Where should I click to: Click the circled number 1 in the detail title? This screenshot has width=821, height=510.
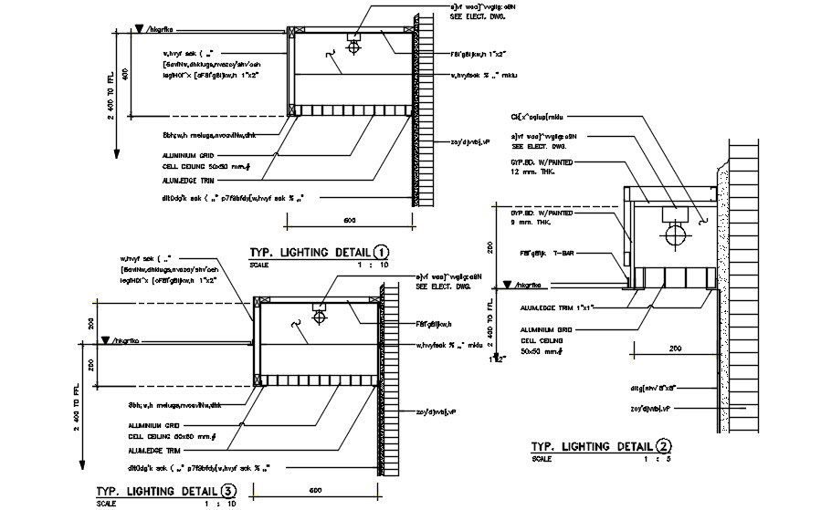[x=381, y=253]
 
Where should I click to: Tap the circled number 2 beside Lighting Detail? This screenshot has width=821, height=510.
[x=663, y=446]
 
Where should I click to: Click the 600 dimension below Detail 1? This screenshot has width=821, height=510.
[x=349, y=220]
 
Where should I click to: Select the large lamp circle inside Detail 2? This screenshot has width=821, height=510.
[x=678, y=235]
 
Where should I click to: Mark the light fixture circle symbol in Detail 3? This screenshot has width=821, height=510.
[x=321, y=317]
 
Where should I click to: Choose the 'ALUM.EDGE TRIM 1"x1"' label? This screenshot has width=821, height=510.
[x=558, y=308]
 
